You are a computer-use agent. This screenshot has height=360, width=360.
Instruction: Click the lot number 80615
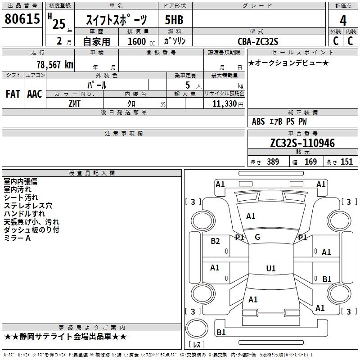[x=22, y=19]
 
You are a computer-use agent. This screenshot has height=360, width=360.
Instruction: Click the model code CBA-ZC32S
[x=258, y=41]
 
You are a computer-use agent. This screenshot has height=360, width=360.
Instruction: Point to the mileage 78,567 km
[x=54, y=64]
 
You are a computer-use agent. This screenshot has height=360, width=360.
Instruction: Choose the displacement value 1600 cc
[x=139, y=41]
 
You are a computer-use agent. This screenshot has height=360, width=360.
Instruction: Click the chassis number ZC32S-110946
[x=302, y=143]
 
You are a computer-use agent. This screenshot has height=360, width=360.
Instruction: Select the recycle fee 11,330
[x=227, y=103]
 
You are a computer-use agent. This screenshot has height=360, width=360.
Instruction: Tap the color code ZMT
[x=75, y=103]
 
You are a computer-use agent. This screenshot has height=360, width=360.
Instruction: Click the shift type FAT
[x=13, y=94]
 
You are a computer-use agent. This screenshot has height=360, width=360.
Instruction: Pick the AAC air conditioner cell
[x=35, y=94]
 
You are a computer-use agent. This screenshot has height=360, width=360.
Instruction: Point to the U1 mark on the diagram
[x=270, y=269]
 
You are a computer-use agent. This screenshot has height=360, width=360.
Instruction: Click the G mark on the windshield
[x=257, y=237]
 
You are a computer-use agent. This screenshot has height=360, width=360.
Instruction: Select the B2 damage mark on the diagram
[x=216, y=241]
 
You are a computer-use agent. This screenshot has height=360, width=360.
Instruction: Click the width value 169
[x=310, y=162]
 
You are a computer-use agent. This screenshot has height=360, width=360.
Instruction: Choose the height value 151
[x=346, y=162]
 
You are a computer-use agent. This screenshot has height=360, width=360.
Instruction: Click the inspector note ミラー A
[x=17, y=238]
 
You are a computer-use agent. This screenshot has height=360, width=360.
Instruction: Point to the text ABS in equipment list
[x=258, y=121]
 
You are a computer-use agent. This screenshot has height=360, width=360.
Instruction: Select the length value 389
[x=273, y=162]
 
